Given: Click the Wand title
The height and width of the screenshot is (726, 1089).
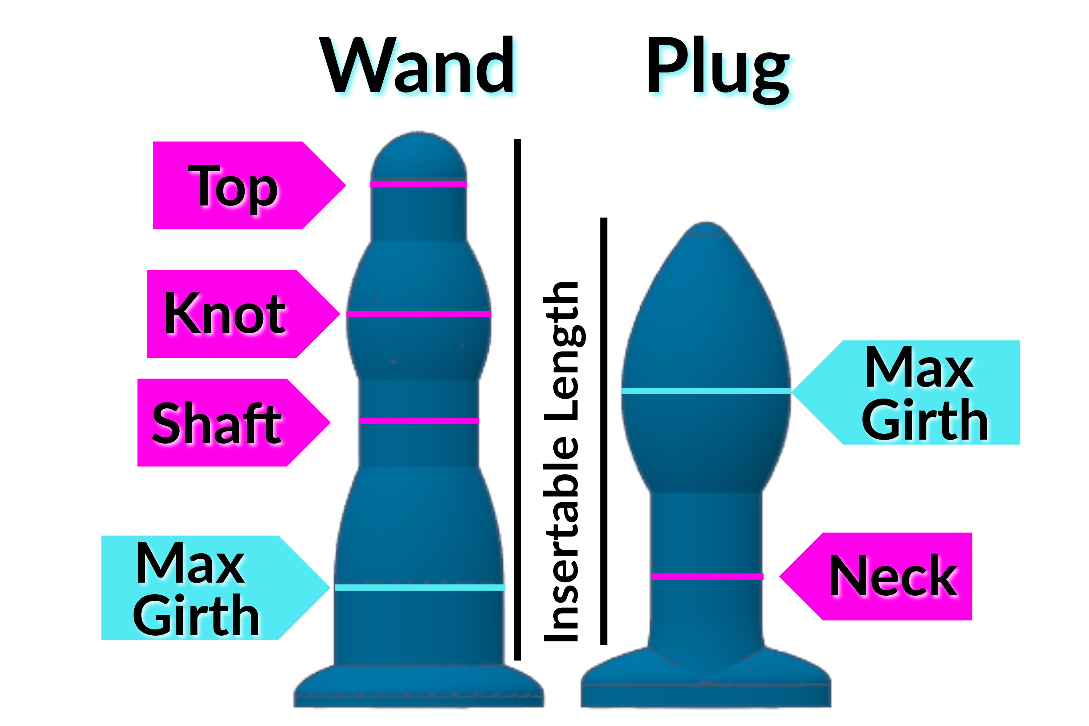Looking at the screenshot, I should (x=417, y=66).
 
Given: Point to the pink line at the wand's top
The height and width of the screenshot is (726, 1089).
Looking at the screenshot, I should (x=418, y=184).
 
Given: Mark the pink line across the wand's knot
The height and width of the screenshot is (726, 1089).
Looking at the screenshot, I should (x=419, y=314).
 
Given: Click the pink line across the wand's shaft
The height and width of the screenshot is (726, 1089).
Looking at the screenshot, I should (x=419, y=421).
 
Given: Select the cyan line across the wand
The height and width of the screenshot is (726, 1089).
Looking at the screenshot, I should (x=419, y=588).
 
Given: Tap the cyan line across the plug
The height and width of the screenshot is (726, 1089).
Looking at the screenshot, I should (x=706, y=391).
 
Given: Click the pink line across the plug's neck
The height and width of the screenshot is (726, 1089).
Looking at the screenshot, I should (x=706, y=576).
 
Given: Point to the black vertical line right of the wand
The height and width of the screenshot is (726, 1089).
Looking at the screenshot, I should (x=518, y=398).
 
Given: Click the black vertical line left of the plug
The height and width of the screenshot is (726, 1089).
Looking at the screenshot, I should (x=604, y=431).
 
